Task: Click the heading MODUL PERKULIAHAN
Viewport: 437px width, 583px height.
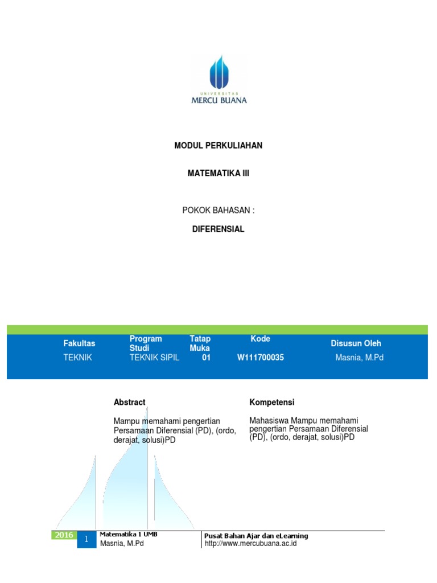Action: click(218, 146)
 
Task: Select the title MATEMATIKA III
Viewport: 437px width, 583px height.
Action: click(218, 174)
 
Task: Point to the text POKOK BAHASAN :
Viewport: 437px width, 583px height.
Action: click(218, 210)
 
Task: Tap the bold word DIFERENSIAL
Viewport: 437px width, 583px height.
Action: click(218, 229)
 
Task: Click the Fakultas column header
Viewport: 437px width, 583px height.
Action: click(80, 343)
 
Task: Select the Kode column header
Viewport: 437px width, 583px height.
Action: click(261, 339)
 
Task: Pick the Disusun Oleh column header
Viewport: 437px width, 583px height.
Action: click(356, 343)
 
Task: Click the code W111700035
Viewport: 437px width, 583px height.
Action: click(261, 358)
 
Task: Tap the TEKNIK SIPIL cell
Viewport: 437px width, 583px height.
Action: click(155, 358)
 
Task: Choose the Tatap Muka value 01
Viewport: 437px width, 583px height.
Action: click(206, 358)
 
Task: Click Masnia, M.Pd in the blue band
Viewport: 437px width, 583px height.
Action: click(359, 358)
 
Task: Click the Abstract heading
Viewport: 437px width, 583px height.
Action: click(130, 402)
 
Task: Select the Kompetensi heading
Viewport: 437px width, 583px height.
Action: click(272, 402)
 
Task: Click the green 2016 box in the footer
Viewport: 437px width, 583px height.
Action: click(64, 535)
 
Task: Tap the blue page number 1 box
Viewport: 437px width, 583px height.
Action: click(87, 539)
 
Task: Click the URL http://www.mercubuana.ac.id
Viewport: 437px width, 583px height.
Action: click(250, 544)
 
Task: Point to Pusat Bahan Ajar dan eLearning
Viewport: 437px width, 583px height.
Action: click(256, 536)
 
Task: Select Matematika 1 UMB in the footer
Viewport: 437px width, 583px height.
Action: click(129, 535)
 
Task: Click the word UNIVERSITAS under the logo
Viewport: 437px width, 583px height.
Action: click(219, 92)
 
